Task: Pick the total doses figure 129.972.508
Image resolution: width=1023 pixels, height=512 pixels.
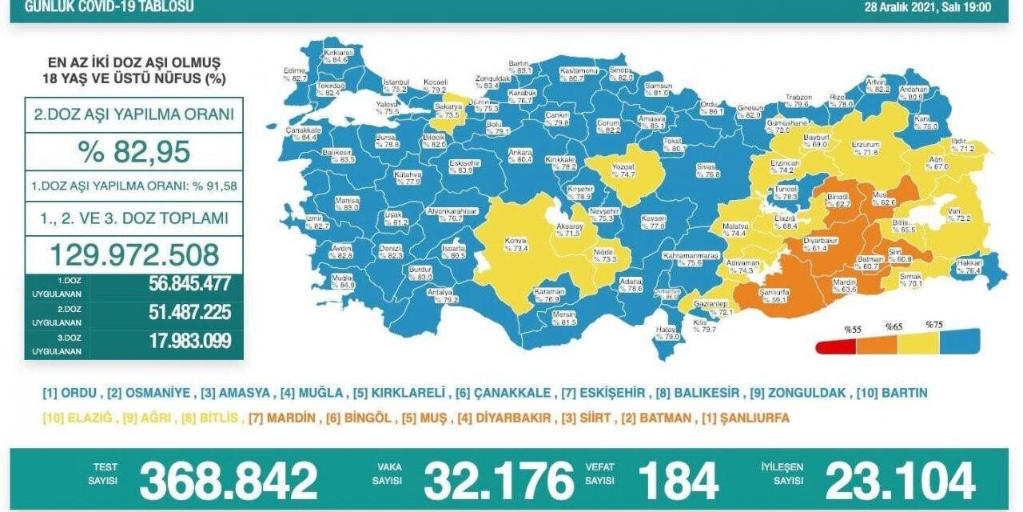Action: pyautogui.click(x=133, y=254)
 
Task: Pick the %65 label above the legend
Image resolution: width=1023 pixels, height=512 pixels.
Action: pyautogui.click(x=893, y=327)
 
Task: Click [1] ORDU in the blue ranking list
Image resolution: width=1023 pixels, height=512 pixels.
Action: pyautogui.click(x=70, y=393)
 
